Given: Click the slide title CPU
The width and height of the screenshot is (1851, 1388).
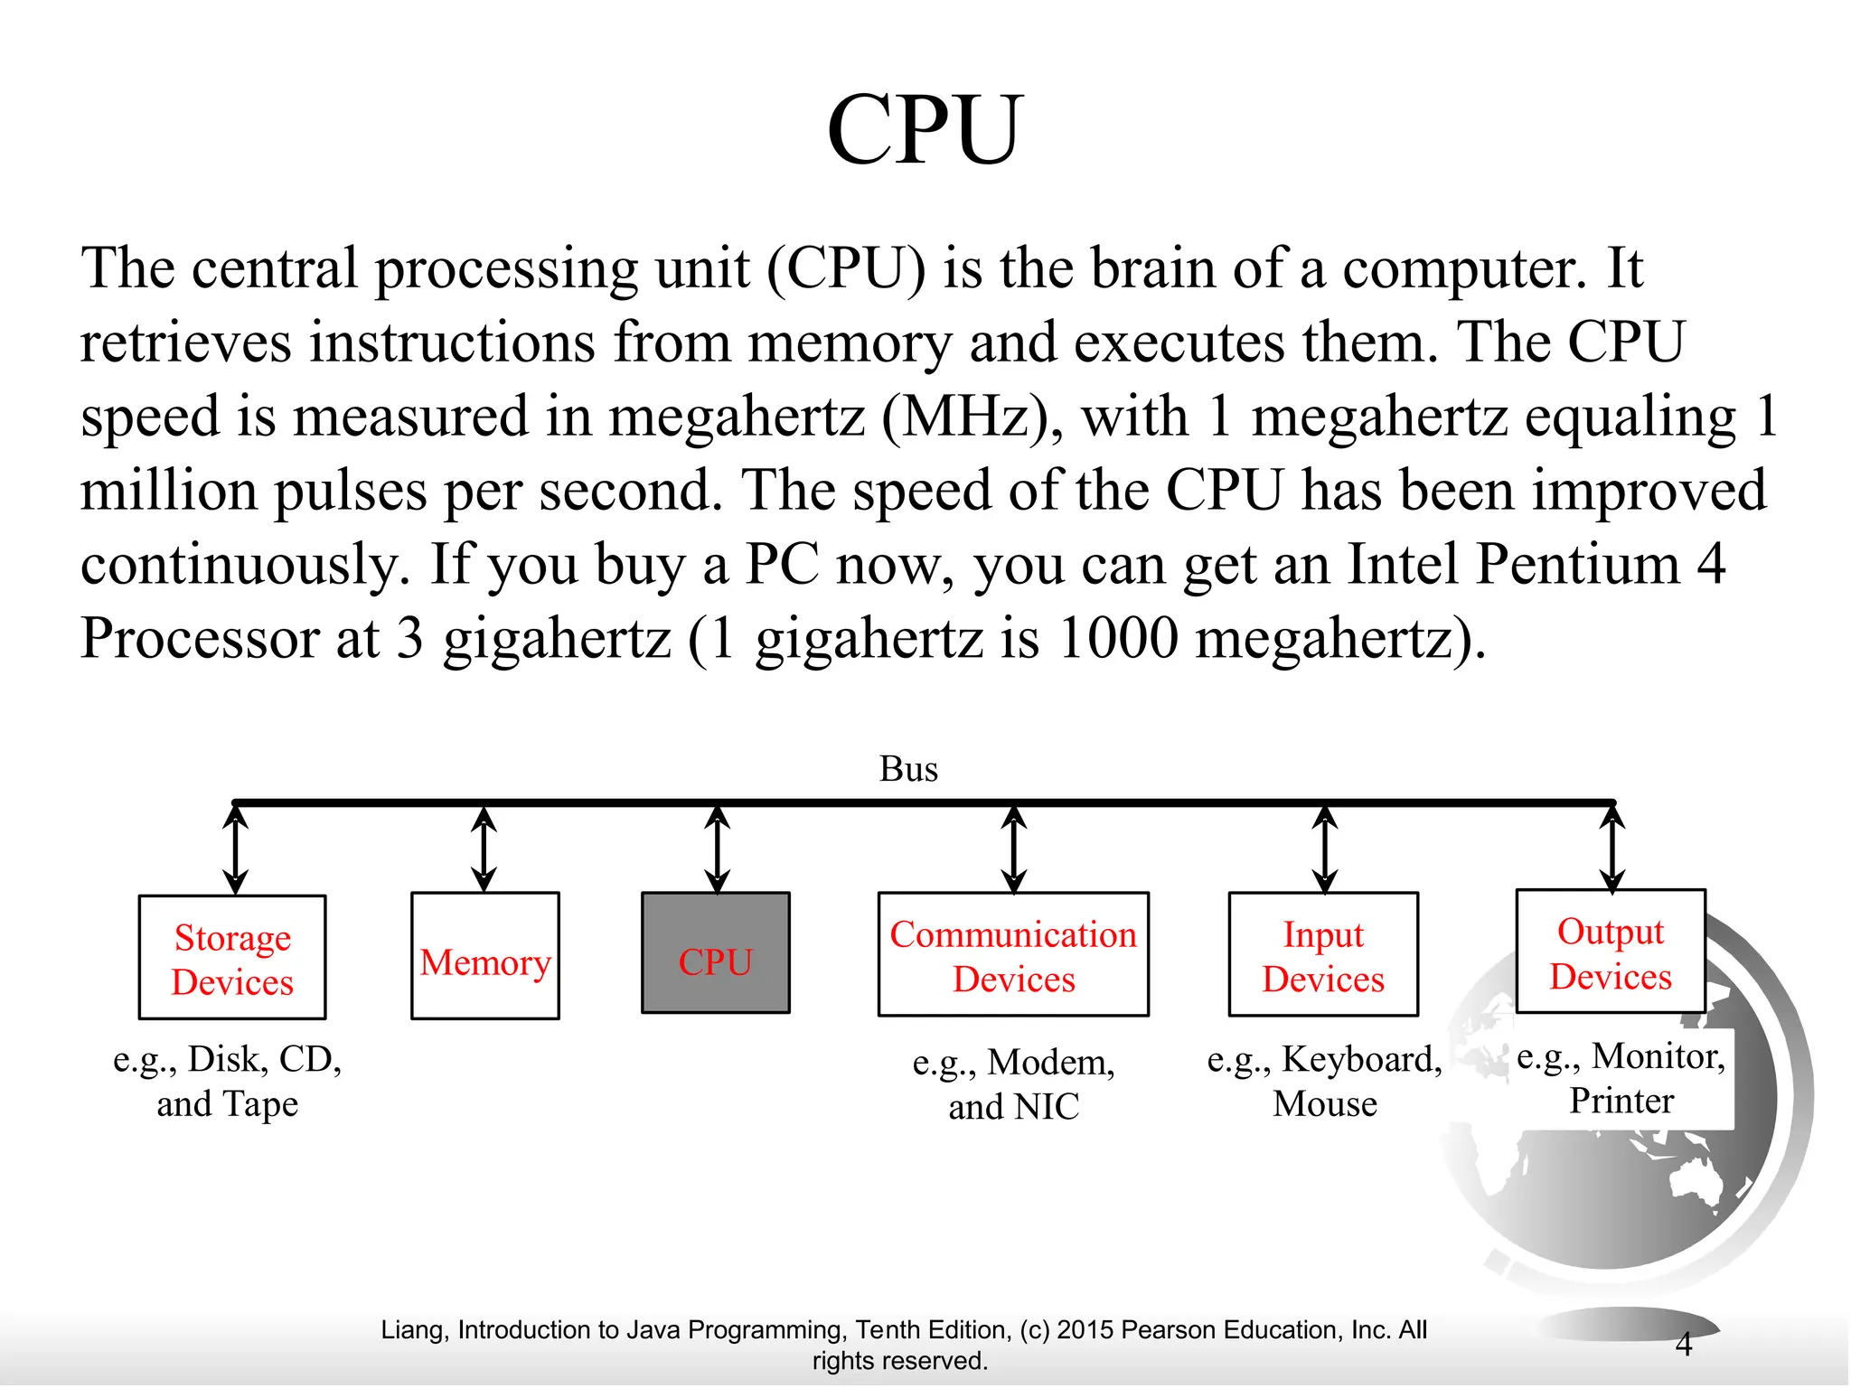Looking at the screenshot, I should click(x=925, y=131).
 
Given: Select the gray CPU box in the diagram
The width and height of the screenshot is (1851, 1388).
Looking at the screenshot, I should click(x=715, y=952).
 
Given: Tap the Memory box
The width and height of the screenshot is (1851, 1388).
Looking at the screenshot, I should click(x=485, y=956).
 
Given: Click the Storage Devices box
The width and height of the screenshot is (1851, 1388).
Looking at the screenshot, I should click(x=232, y=958).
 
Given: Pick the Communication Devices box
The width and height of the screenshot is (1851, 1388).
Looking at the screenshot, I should click(x=1013, y=954).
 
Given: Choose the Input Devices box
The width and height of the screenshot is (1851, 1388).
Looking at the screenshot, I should click(x=1323, y=954).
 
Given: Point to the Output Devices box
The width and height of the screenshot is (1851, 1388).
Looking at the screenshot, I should click(x=1611, y=952).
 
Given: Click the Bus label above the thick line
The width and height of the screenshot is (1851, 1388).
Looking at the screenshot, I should click(x=908, y=769).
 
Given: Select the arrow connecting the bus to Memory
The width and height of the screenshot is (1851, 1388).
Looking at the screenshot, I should click(x=484, y=849).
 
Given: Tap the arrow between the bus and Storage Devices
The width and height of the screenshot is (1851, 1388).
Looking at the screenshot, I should click(x=236, y=849).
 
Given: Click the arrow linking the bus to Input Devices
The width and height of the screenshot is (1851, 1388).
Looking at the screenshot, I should click(x=1325, y=849).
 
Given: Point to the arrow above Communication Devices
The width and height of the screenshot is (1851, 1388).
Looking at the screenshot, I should click(x=1014, y=849).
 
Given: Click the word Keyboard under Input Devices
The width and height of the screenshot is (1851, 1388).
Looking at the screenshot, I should click(x=1361, y=1059).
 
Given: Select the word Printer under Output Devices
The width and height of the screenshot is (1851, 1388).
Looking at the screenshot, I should click(x=1621, y=1101).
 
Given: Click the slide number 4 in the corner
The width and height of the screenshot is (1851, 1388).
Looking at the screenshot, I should click(x=1683, y=1345).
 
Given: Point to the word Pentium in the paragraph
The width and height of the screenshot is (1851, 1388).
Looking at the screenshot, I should click(x=1577, y=565).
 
